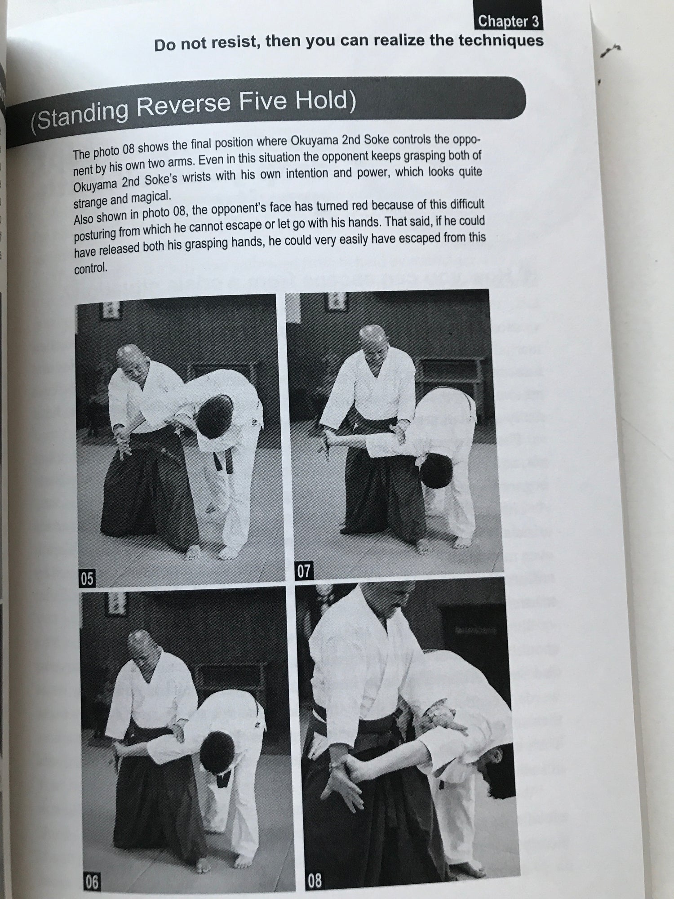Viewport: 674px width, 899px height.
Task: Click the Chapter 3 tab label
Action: click(508, 21)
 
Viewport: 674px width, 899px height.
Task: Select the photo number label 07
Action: click(304, 571)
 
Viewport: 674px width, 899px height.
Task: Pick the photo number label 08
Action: click(314, 880)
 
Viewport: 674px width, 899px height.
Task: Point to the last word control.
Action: click(91, 269)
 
